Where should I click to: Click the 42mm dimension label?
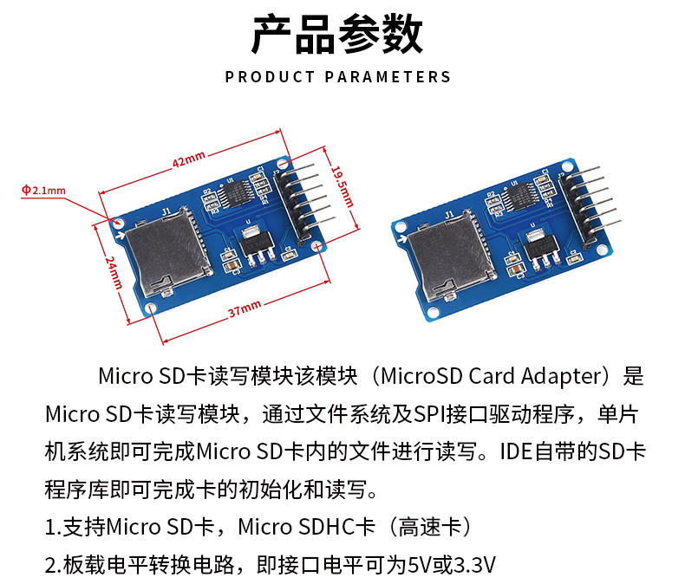click(x=188, y=159)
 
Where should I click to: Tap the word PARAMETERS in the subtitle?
click(x=388, y=77)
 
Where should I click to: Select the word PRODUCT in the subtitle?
click(x=270, y=77)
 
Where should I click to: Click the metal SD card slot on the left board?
click(x=161, y=254)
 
